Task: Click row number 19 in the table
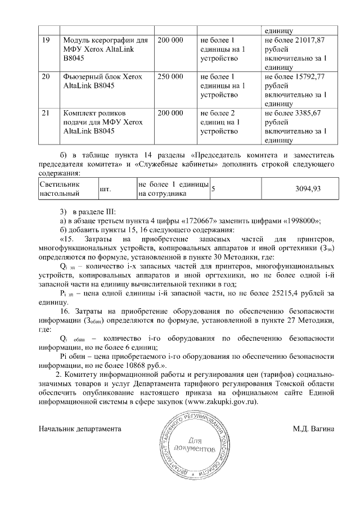tap(46, 40)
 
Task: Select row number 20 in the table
tap(46, 76)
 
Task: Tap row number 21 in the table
tap(46, 113)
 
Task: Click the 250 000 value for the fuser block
tap(170, 76)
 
